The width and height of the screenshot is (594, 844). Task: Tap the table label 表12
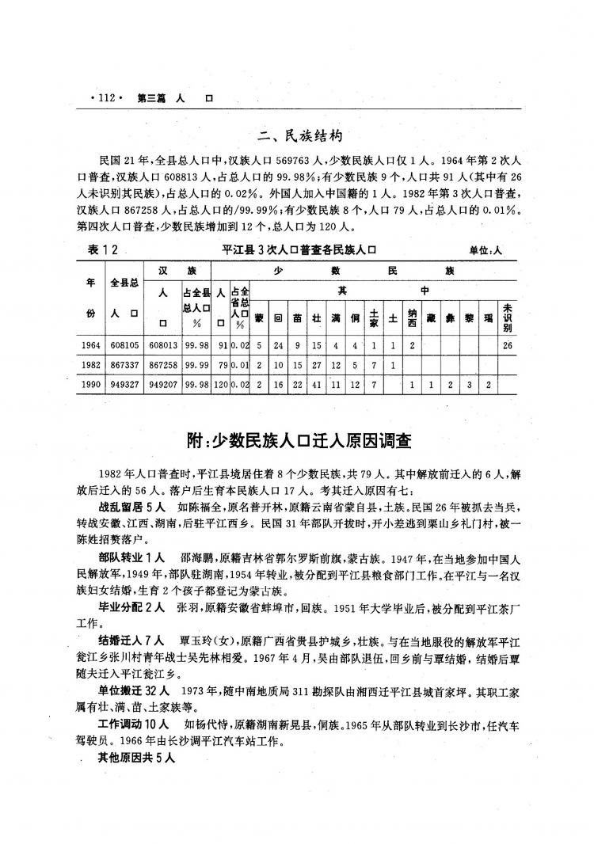[104, 250]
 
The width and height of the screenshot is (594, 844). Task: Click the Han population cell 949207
[163, 384]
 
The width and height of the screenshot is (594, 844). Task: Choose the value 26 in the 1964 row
[507, 345]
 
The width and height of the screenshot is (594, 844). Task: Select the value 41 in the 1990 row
[316, 384]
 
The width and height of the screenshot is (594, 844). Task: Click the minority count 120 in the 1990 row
[221, 384]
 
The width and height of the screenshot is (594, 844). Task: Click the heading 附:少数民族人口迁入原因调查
[297, 440]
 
